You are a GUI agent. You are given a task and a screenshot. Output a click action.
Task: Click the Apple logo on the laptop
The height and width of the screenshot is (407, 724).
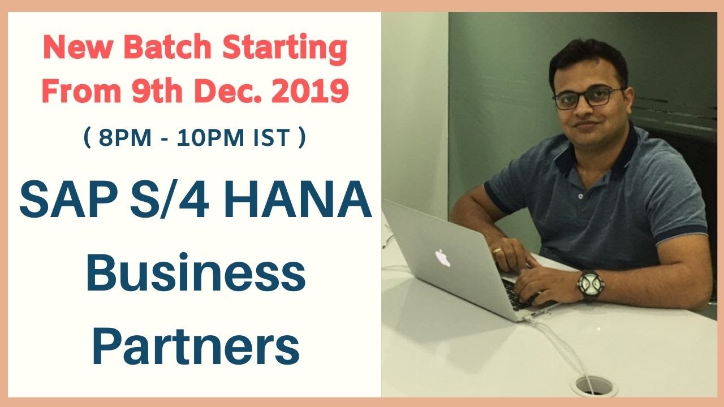(442, 258)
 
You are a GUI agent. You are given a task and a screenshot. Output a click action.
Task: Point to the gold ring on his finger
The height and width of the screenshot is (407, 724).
(497, 249)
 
